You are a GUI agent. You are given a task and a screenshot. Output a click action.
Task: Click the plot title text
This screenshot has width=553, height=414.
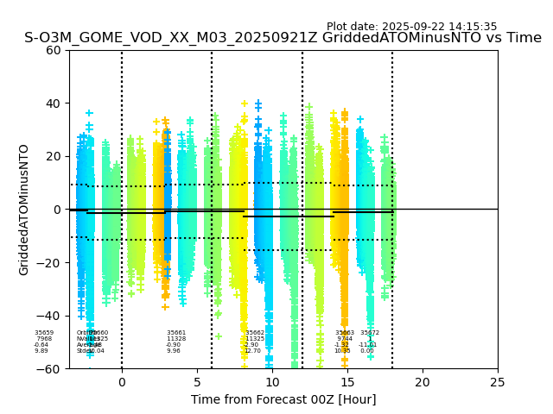(283, 38)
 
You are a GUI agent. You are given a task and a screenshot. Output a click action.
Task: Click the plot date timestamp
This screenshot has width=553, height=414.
(411, 27)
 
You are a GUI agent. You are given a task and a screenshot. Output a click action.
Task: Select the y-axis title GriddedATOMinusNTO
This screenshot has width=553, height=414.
(24, 210)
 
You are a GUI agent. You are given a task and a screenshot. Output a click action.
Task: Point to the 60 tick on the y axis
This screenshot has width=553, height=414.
(54, 50)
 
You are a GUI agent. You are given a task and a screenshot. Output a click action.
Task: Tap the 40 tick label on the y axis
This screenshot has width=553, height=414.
(54, 103)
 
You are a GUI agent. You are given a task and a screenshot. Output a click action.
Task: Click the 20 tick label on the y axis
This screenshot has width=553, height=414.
(54, 156)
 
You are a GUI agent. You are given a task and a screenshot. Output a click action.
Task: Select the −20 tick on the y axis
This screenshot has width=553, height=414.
(51, 262)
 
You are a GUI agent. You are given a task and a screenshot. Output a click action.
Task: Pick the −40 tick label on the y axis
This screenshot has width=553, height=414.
(51, 316)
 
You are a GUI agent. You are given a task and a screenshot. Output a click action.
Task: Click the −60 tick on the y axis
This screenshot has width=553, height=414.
(51, 368)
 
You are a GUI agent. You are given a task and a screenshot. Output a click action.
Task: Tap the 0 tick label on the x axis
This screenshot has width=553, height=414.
(122, 382)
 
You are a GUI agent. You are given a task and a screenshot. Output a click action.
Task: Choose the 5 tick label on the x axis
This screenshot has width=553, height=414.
(197, 382)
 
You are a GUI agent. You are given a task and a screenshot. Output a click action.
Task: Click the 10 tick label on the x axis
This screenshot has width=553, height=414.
(272, 382)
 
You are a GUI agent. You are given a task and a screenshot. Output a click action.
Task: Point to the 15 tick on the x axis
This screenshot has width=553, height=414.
(347, 382)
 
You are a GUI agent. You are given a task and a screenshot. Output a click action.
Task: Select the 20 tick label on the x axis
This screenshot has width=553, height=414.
(423, 382)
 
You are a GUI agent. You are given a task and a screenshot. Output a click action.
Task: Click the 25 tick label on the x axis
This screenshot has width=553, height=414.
(498, 382)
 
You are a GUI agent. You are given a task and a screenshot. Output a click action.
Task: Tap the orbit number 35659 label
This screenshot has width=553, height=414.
(44, 333)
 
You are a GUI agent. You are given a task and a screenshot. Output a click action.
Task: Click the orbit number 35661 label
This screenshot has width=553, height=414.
(176, 333)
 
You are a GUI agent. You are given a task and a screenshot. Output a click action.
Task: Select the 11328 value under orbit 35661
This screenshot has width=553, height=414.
(176, 339)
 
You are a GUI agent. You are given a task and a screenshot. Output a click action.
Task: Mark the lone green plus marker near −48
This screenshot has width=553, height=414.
(219, 336)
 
